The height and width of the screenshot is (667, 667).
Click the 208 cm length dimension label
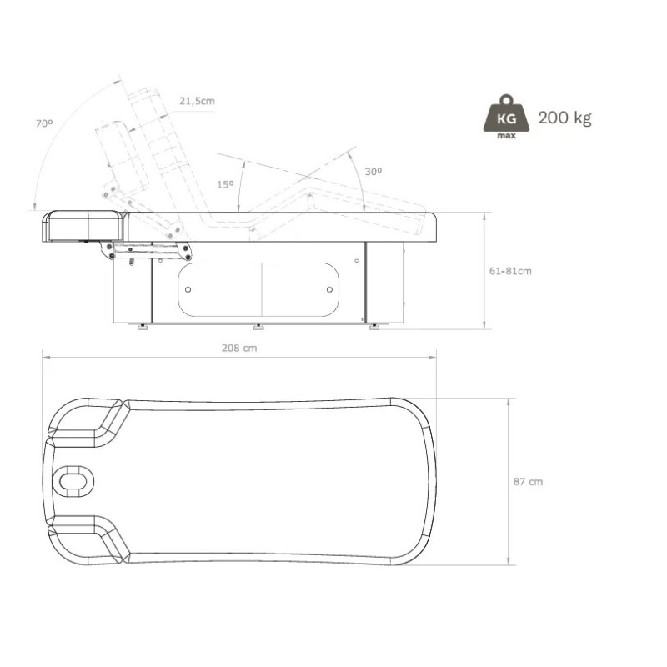click(239, 348)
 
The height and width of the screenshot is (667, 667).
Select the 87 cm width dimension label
click(528, 482)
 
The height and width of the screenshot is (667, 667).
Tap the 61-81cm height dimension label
click(510, 271)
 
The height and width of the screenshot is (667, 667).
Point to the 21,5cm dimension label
click(197, 101)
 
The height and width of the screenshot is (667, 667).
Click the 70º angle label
click(44, 123)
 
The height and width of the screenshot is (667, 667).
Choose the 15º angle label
click(225, 184)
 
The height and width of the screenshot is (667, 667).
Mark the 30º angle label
click(373, 172)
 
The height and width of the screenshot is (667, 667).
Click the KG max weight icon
click(506, 117)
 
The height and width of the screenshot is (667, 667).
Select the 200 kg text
click(564, 118)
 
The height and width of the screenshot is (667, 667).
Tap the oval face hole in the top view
click(73, 482)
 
